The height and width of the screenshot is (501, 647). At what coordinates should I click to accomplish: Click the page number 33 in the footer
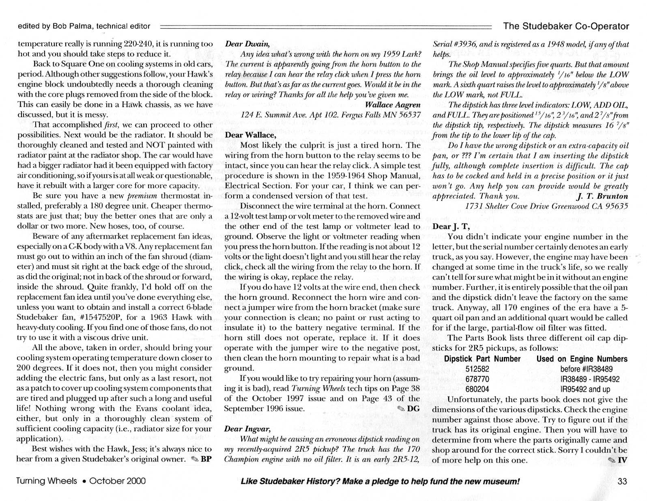click(622, 482)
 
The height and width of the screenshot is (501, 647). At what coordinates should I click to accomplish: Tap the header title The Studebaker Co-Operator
click(566, 26)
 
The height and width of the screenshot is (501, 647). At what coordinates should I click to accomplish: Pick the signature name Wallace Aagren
click(393, 105)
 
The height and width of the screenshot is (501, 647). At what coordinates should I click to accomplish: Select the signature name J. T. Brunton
click(602, 196)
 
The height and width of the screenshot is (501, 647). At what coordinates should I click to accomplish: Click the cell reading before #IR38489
click(586, 369)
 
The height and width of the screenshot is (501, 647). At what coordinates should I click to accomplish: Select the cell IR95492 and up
click(585, 389)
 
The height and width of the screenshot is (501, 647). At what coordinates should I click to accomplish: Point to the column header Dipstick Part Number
click(482, 359)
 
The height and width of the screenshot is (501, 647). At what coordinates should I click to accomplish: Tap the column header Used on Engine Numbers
click(582, 359)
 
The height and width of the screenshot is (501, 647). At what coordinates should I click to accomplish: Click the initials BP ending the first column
click(206, 459)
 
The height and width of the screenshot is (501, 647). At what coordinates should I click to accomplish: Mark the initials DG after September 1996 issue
click(413, 409)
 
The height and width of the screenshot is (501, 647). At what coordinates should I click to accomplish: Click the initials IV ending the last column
click(622, 460)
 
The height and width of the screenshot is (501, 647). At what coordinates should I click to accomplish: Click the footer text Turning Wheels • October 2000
click(81, 482)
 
